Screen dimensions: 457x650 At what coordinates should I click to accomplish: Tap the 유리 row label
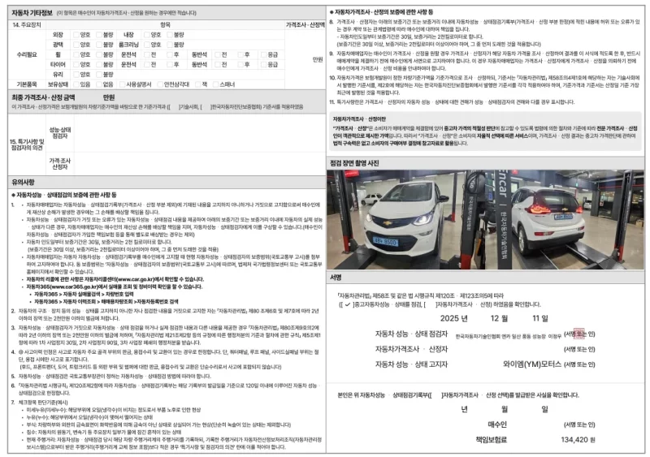[58, 73]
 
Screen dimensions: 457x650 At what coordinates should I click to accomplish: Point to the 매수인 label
[496, 423]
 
